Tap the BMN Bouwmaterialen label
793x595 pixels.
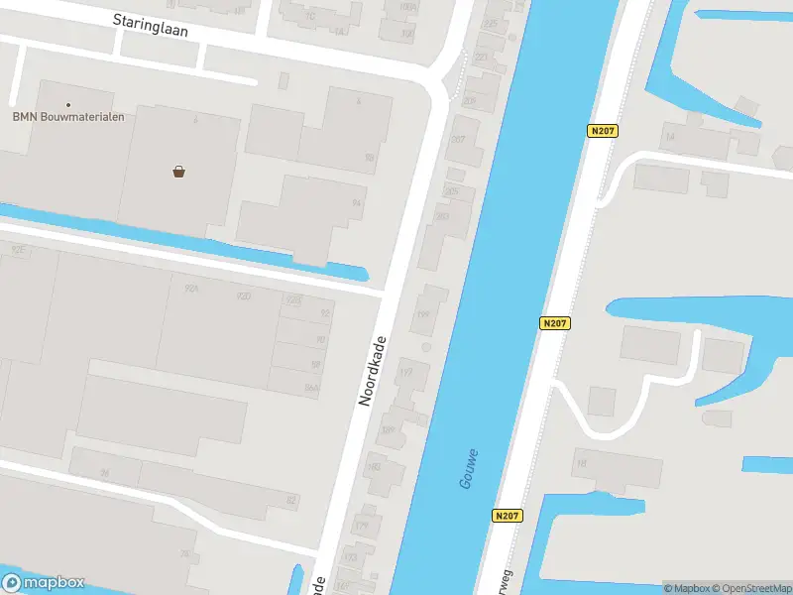coord(68,117)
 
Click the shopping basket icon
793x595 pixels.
coord(179,171)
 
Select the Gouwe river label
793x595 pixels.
coord(470,468)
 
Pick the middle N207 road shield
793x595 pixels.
coord(556,323)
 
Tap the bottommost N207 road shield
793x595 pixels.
coord(506,516)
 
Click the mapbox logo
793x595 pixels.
coord(44,583)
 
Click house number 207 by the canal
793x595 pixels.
coord(457,140)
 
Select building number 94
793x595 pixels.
coord(356,202)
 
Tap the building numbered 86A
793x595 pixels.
coord(312,390)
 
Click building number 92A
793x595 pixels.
coord(192,289)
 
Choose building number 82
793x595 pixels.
coord(290,501)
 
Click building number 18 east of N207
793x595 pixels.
coord(582,463)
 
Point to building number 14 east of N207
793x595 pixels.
coord(670,136)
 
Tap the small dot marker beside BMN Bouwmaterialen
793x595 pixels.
coord(68,104)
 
